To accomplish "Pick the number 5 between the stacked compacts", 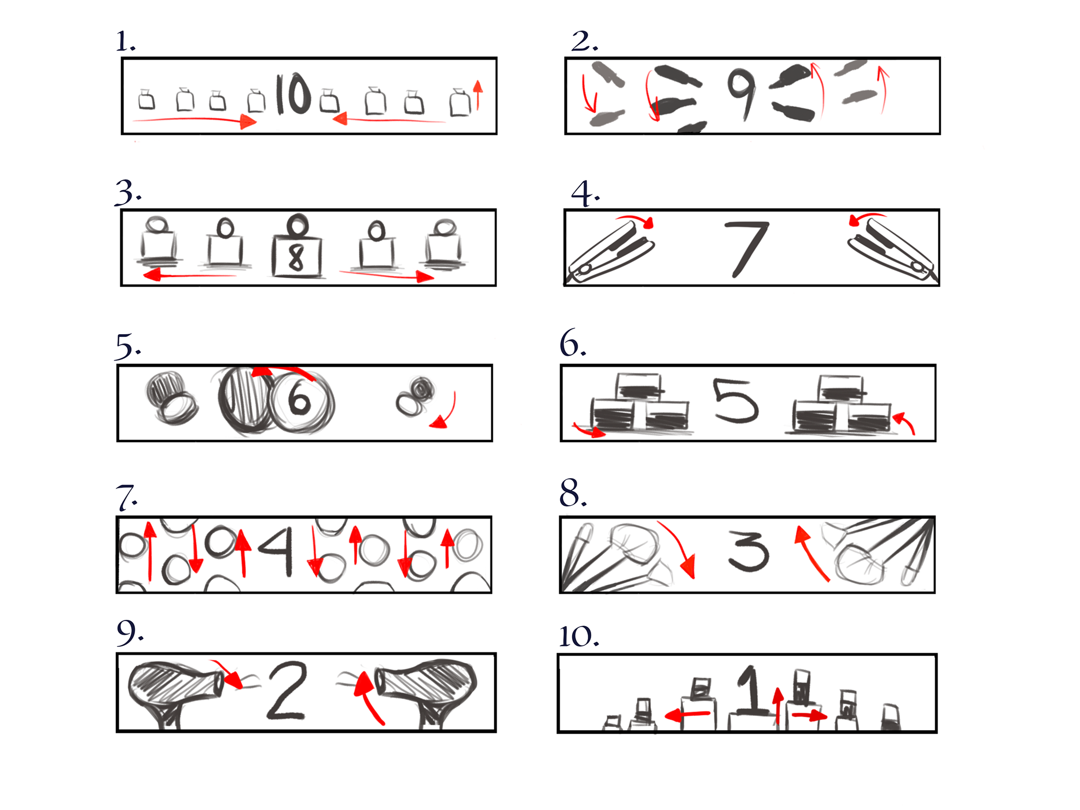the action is point(735,400).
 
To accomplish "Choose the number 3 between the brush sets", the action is point(748,551).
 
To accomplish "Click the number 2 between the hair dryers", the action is point(287,691).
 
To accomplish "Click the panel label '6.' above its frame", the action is point(573,343).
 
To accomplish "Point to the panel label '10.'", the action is point(579,636).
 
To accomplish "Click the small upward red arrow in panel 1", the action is point(478,94).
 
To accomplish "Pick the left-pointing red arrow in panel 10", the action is point(687,715).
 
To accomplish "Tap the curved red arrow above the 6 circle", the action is point(284,371).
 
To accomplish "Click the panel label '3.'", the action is point(128,193).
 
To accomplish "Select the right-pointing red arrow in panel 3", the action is point(386,274).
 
